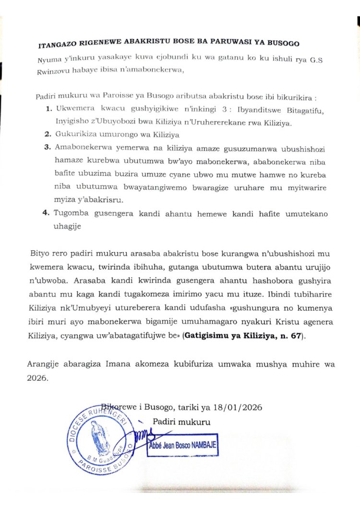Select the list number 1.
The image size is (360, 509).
pos(49,109)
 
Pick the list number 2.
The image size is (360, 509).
pos(49,133)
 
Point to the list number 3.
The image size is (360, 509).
pos(49,146)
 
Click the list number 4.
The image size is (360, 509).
pos(49,213)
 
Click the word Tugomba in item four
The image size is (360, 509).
pos(72,213)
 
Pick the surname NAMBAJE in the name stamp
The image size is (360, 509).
pos(199,445)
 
